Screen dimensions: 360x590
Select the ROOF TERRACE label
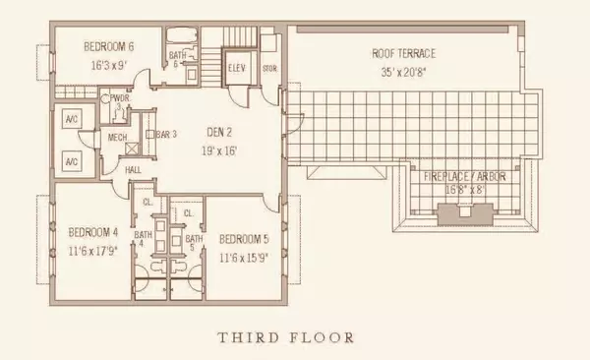pos(402,53)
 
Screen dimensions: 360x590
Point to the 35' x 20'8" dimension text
pos(402,71)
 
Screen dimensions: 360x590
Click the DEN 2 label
pos(220,136)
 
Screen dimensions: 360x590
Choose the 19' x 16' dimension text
pos(220,152)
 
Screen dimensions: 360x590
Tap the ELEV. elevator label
pos(237,69)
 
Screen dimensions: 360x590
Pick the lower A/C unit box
pos(71,160)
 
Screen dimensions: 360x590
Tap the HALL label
pos(134,170)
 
